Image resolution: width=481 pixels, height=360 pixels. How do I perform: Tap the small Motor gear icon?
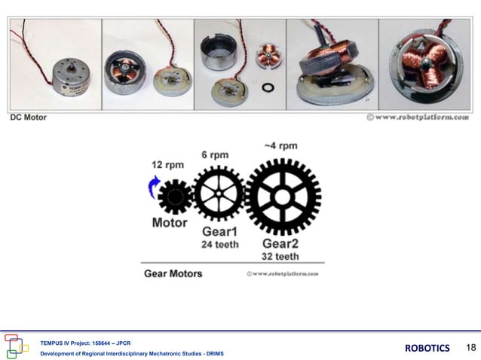(175, 197)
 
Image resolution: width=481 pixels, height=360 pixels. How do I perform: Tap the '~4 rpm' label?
(280, 145)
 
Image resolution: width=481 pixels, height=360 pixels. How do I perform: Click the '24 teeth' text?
(220, 244)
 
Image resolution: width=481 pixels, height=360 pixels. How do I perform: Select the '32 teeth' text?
(280, 256)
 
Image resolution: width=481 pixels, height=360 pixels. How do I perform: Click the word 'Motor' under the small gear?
(170, 223)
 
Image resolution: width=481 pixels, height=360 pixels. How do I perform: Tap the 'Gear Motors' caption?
(173, 273)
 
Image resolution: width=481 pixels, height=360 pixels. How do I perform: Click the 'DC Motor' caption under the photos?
(28, 118)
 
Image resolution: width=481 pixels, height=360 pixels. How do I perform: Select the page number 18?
(471, 347)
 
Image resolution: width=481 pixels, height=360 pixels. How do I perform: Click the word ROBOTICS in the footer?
(427, 348)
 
